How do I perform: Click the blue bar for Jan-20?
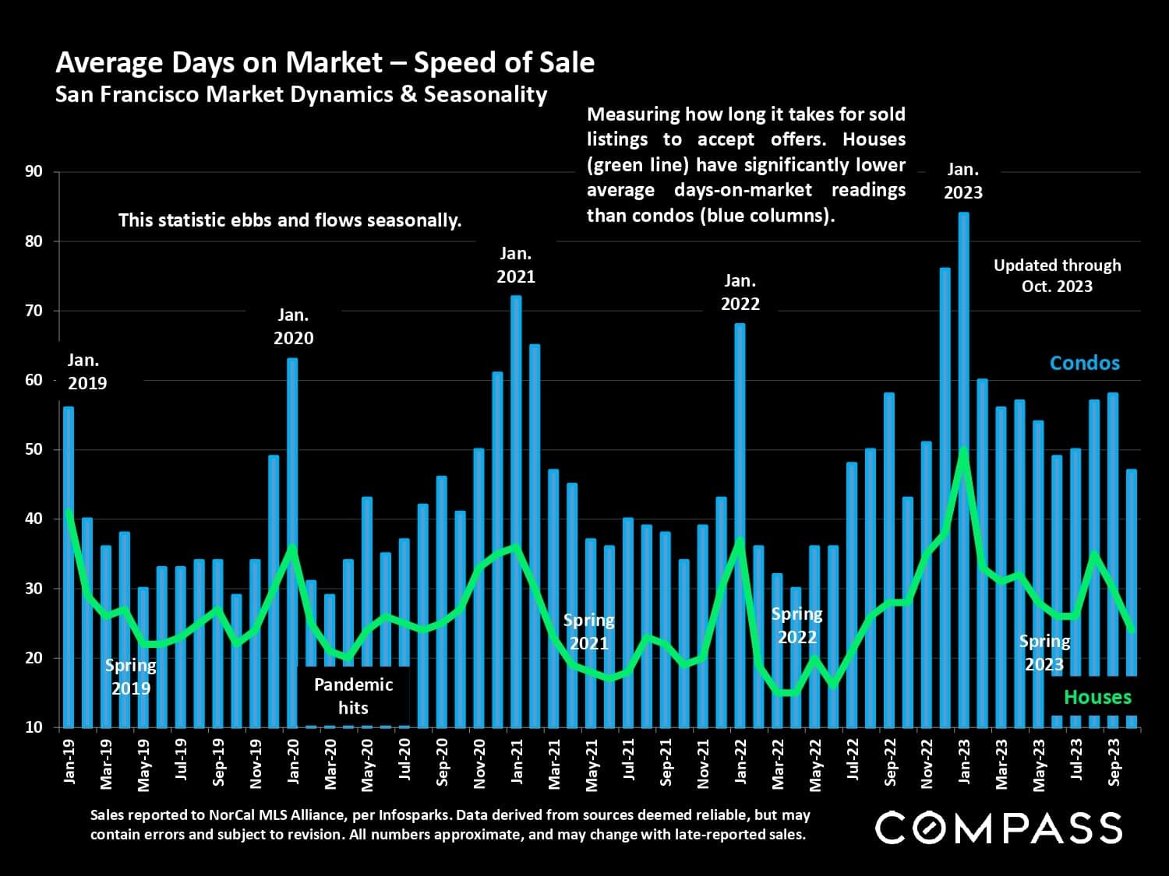click(292, 467)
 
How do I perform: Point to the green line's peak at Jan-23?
click(964, 450)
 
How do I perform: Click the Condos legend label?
click(1084, 363)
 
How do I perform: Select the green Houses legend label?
click(1097, 697)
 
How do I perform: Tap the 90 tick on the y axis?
click(34, 172)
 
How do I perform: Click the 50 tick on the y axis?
click(34, 450)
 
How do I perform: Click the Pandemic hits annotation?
click(353, 696)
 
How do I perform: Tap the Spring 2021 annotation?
click(589, 631)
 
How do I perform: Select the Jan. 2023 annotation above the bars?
click(963, 181)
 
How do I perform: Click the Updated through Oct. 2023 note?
click(1057, 276)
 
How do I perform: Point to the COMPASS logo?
click(998, 828)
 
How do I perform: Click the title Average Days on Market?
click(325, 62)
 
